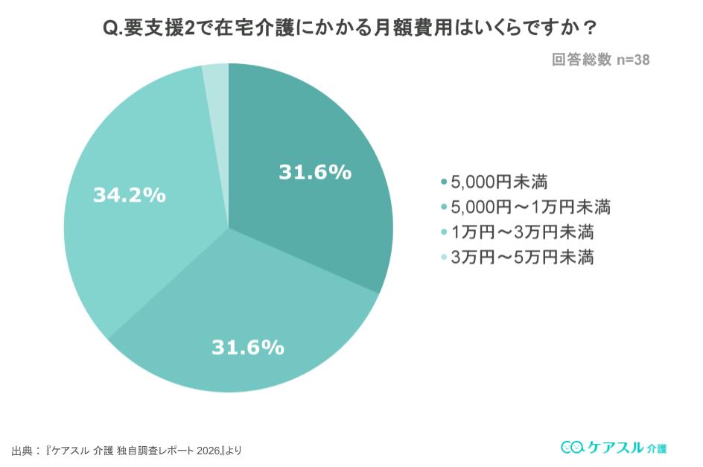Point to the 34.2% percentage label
129,195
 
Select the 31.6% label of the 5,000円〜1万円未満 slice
248,347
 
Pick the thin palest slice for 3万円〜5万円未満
216,82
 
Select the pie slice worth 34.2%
141,238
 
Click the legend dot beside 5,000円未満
444,181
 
